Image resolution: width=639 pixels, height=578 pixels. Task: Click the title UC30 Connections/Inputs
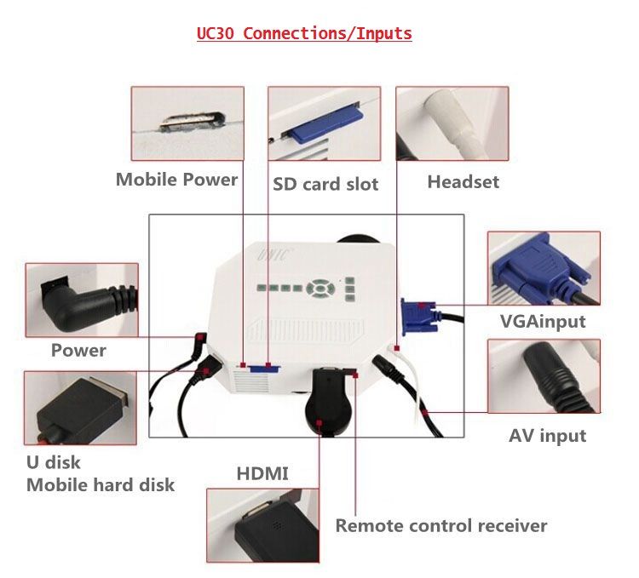pyautogui.click(x=304, y=34)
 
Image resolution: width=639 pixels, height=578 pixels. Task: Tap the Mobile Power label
pyautogui.click(x=176, y=180)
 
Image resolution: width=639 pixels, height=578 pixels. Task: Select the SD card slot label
pyautogui.click(x=325, y=184)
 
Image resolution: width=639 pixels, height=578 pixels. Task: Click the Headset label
pyautogui.click(x=463, y=181)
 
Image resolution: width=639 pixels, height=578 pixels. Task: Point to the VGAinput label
pyautogui.click(x=543, y=321)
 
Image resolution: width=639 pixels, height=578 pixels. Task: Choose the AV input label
pyautogui.click(x=547, y=436)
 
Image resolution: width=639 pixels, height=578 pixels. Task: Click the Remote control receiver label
pyautogui.click(x=440, y=525)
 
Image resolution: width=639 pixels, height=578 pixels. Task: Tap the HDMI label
pyautogui.click(x=262, y=473)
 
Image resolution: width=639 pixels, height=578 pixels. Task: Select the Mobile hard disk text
pyautogui.click(x=101, y=485)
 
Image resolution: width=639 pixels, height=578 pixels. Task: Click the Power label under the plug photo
pyautogui.click(x=78, y=350)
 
